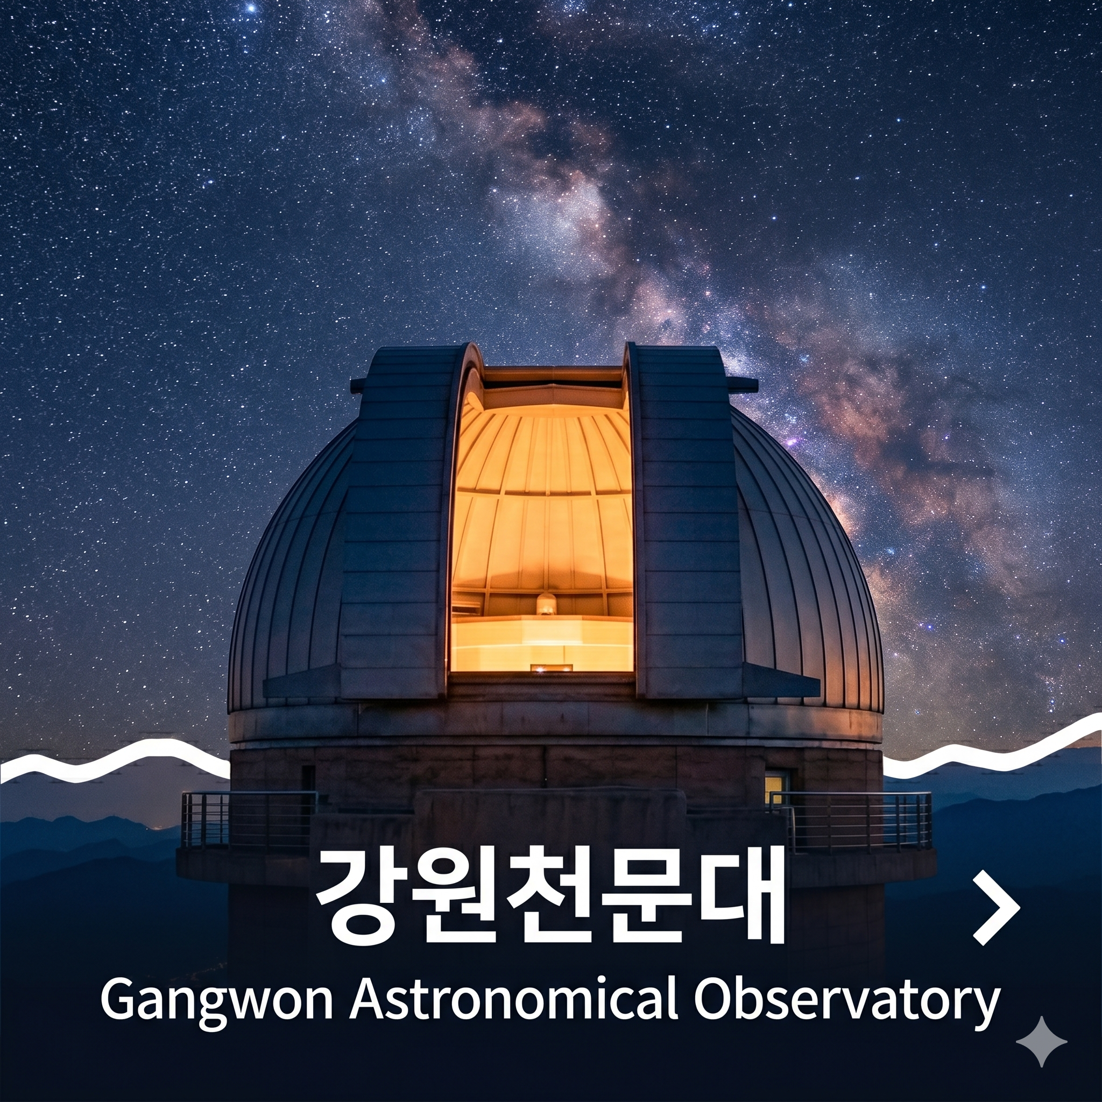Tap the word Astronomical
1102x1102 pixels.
pos(513,996)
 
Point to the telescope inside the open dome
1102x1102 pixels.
pos(546,604)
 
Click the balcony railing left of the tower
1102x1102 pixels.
pos(249,820)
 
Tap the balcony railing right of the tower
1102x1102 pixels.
pos(850,820)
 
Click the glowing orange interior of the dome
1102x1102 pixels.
pos(542,513)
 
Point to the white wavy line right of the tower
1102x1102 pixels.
pos(992,747)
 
